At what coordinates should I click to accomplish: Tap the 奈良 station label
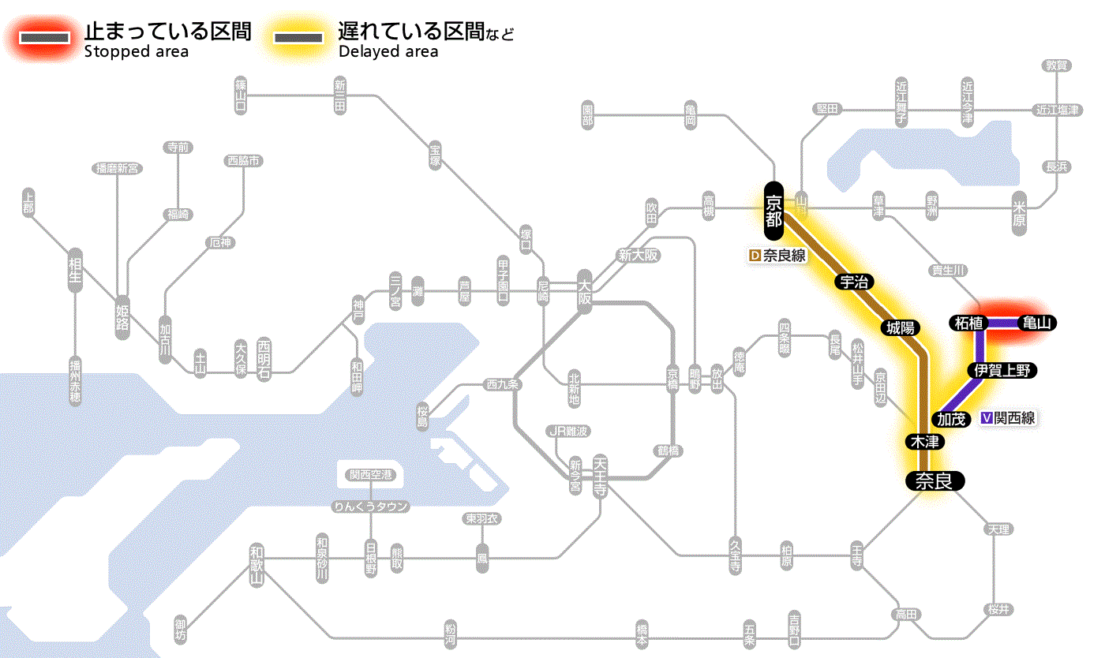934,480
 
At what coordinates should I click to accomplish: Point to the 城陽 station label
901,327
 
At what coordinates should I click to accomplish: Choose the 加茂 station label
952,419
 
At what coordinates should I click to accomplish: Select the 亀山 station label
1037,323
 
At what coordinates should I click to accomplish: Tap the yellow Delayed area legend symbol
298,38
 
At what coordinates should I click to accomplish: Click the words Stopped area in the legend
136,52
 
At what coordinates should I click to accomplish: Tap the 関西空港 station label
371,475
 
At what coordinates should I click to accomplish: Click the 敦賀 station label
1056,65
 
